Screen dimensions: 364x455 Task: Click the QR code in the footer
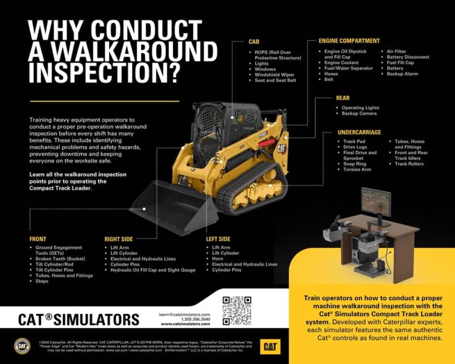(x=237, y=310)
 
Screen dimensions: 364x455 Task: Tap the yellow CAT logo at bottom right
(x=269, y=345)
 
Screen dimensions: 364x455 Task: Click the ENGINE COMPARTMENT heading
(x=349, y=41)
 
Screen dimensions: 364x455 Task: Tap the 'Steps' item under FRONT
(x=43, y=281)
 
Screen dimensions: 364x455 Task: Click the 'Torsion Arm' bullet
(x=357, y=169)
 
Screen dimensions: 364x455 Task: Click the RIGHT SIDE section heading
(x=121, y=239)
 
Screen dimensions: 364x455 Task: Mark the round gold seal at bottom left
(x=22, y=345)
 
